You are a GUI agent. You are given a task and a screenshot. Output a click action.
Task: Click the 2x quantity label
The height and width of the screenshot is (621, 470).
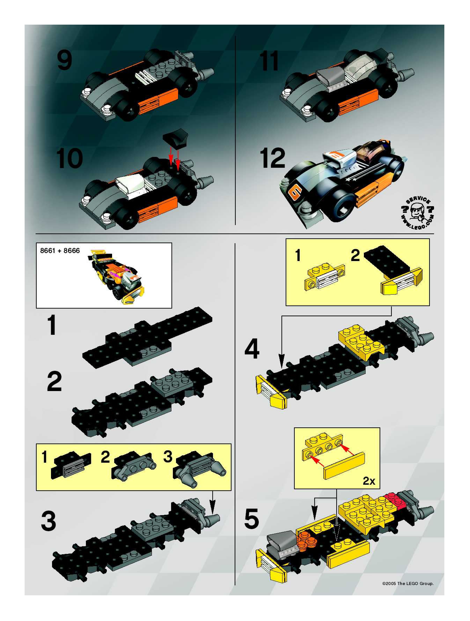click(x=369, y=481)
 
